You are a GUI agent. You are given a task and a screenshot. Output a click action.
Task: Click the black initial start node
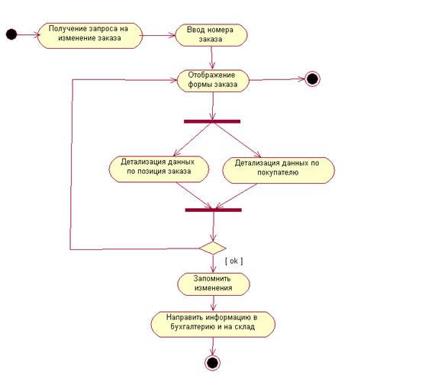click(11, 34)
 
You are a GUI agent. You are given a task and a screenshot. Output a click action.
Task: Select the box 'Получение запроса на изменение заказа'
click(90, 36)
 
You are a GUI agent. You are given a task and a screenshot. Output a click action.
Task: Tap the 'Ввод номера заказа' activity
click(211, 35)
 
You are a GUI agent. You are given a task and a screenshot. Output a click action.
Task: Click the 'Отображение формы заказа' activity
click(213, 81)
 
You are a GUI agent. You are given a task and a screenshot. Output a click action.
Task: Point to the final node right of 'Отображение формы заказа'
click(312, 79)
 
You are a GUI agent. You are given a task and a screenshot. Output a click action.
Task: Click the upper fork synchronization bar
click(212, 121)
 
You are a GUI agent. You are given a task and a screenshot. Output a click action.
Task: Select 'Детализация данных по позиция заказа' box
click(159, 169)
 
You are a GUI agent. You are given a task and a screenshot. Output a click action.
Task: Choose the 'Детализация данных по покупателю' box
click(279, 170)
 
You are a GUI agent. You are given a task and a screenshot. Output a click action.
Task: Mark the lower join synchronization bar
click(214, 210)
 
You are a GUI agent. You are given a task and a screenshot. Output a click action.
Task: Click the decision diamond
click(212, 248)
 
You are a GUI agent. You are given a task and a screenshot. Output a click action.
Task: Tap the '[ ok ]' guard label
click(234, 261)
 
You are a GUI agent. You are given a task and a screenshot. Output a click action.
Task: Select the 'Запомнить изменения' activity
click(214, 284)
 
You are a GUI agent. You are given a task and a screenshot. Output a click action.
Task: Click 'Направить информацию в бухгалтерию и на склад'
click(213, 324)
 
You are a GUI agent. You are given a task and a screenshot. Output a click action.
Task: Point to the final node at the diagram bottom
click(212, 363)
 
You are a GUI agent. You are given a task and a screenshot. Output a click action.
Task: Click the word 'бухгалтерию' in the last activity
click(193, 327)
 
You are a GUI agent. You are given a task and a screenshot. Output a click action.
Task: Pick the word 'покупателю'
click(278, 172)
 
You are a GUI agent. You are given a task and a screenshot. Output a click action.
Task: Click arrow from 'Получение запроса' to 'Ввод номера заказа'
click(159, 35)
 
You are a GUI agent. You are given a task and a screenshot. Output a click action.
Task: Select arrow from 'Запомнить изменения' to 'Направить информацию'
click(214, 303)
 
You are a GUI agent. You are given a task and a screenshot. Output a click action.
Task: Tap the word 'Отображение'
click(211, 75)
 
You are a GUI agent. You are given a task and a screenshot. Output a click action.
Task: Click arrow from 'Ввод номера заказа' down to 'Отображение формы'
click(211, 58)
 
